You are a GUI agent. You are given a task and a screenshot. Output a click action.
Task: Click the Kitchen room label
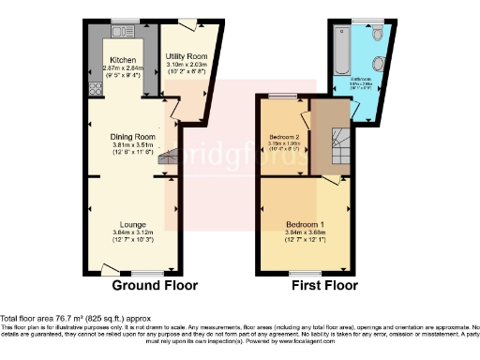120,58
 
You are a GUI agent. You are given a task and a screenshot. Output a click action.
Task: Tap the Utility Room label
188,57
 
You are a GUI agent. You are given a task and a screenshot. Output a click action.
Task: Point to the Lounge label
132,223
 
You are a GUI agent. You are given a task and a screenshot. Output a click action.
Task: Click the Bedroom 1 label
305,224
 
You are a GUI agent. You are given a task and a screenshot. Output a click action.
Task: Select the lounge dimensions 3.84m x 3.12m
132,232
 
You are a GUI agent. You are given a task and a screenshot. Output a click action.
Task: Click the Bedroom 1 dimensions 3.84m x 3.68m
305,233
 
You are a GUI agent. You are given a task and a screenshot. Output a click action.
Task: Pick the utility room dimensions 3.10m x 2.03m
188,65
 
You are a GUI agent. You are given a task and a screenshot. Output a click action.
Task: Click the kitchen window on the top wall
123,22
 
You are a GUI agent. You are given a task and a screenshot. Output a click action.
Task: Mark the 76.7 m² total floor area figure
64,319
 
